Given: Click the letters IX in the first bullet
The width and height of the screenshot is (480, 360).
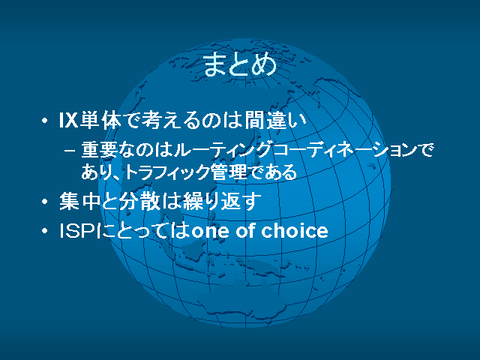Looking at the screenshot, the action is coord(68,120).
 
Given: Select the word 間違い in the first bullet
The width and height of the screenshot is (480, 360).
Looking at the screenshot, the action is coord(275,120).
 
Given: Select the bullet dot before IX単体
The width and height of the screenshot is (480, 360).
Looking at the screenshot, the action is coord(45,121).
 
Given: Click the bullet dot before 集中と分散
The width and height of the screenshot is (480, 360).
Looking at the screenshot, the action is coord(45,202).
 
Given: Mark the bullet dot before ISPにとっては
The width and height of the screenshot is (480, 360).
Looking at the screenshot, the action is coord(45,231).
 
